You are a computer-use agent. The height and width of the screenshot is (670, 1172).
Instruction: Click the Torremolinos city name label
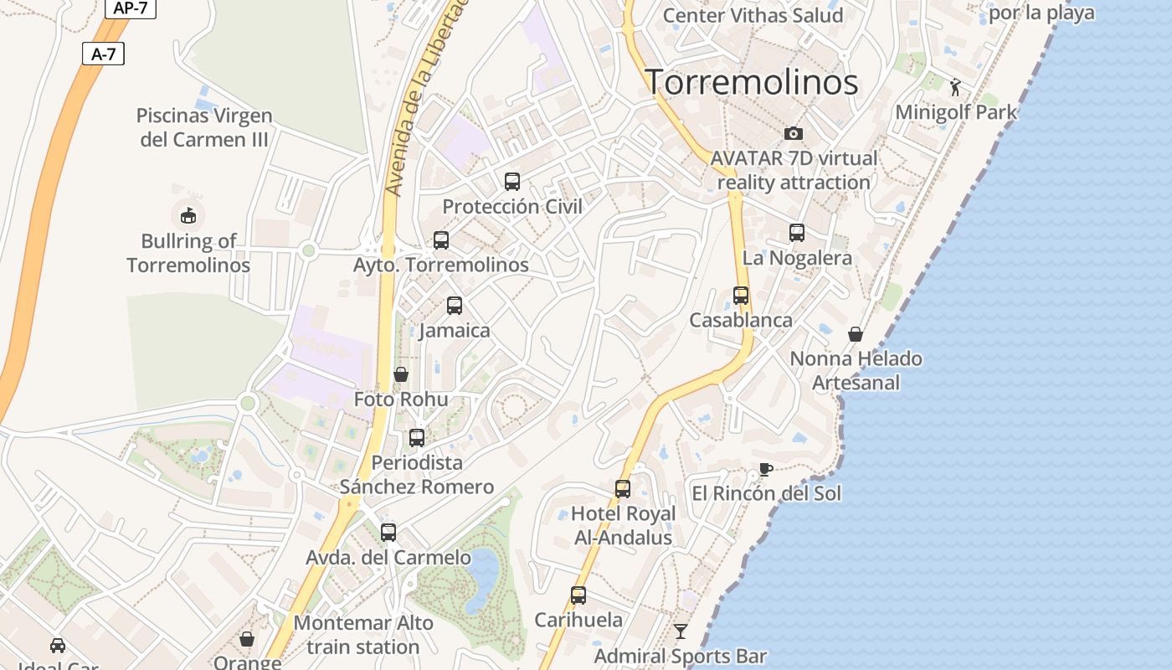751,82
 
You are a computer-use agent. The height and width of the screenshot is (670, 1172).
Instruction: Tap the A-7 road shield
103,54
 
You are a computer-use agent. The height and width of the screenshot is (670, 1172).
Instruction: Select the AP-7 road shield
130,8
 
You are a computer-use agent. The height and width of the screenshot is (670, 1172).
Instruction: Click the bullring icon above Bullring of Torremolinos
188,215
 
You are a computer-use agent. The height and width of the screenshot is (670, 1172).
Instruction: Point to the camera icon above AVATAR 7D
793,133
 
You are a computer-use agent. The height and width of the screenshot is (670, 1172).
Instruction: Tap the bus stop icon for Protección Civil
512,181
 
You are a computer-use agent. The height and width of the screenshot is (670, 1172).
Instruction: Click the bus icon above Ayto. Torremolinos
441,240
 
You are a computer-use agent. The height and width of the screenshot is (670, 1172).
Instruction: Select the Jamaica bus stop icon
455,306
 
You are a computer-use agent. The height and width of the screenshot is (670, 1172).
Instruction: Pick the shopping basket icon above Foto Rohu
401,374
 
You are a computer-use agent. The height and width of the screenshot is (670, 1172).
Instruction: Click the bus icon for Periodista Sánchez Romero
417,437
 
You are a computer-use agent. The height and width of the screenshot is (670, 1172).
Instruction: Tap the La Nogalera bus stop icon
797,233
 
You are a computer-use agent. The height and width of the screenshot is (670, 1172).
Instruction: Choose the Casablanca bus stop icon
741,296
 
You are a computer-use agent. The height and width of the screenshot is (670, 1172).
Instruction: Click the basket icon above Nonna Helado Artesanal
856,334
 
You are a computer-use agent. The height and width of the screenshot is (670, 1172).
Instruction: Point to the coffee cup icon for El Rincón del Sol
765,469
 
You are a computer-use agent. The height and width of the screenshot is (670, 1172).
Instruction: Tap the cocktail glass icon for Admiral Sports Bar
681,631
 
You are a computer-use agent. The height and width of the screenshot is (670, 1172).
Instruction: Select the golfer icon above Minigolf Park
955,86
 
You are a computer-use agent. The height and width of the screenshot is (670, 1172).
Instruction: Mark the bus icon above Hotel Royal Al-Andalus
623,489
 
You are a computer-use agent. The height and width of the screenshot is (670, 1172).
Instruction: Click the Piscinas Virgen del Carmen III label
204,127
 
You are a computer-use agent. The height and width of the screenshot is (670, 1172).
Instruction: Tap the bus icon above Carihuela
578,595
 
